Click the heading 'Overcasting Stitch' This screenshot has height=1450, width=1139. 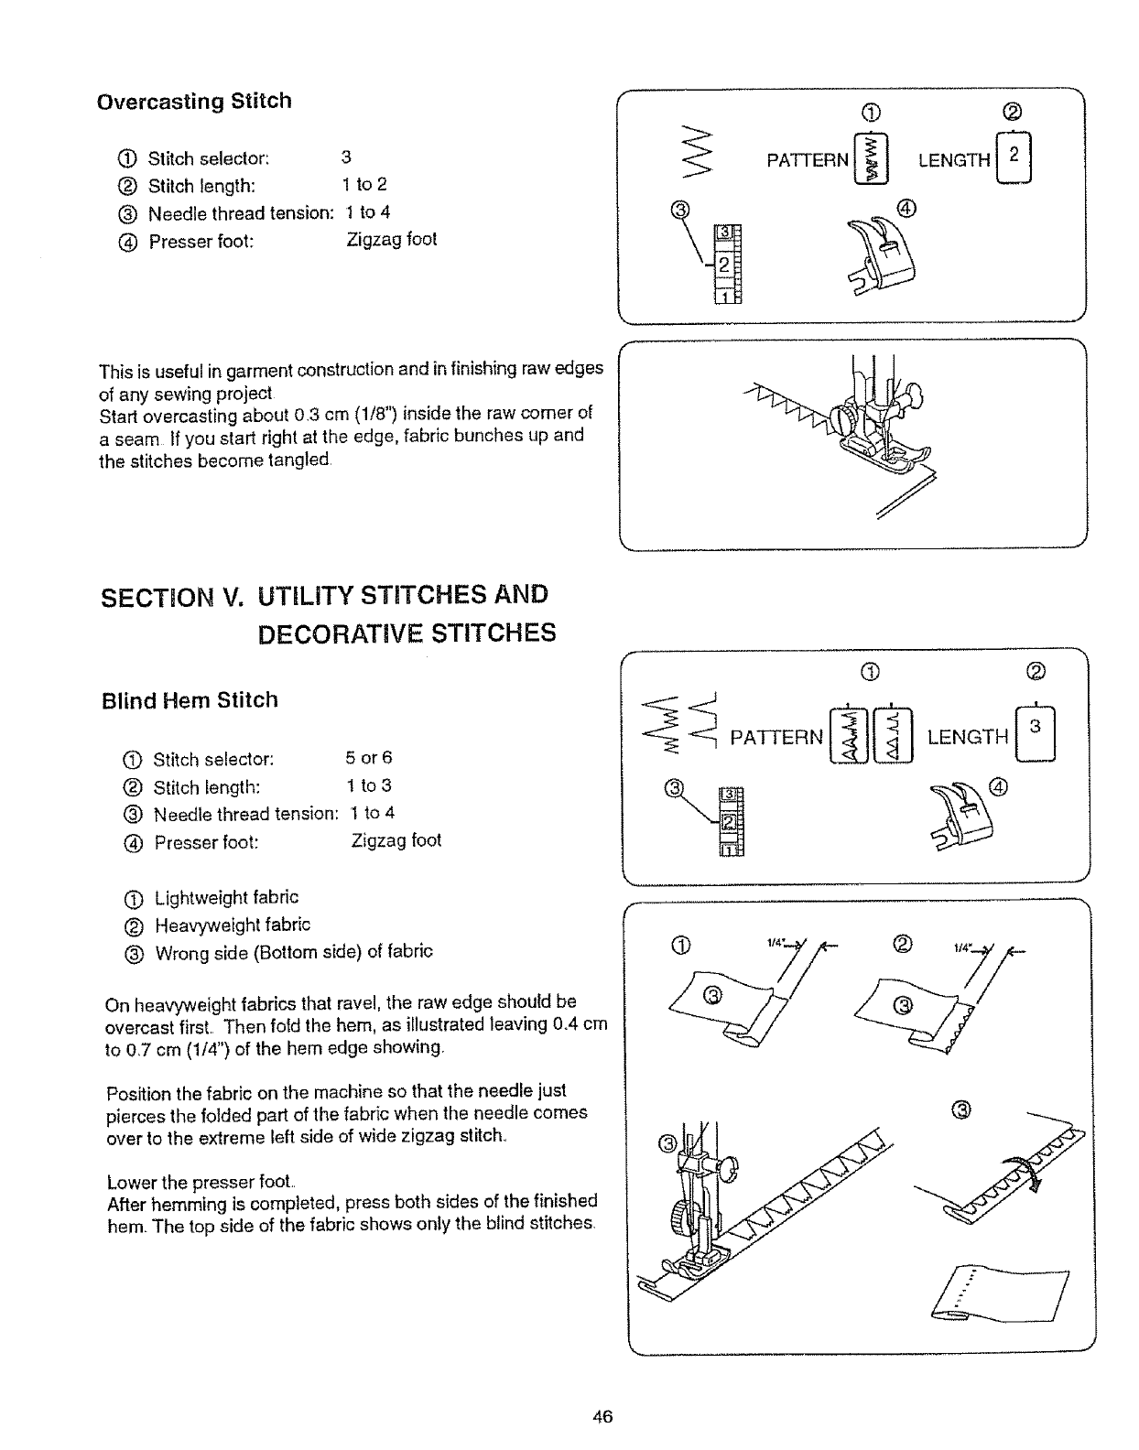point(194,101)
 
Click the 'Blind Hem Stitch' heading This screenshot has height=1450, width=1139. point(190,700)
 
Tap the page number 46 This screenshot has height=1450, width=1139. point(602,1417)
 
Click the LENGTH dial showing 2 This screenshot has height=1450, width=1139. point(1014,159)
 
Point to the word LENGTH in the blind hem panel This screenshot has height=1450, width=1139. point(967,737)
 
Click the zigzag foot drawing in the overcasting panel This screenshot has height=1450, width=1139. point(884,254)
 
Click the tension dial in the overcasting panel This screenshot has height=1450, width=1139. point(728,263)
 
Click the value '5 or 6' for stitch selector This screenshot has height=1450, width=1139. point(368,758)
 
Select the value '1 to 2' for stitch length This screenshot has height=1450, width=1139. point(364,185)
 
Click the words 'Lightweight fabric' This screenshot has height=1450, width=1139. point(226,897)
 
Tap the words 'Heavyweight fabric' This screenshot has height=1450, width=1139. point(233,925)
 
